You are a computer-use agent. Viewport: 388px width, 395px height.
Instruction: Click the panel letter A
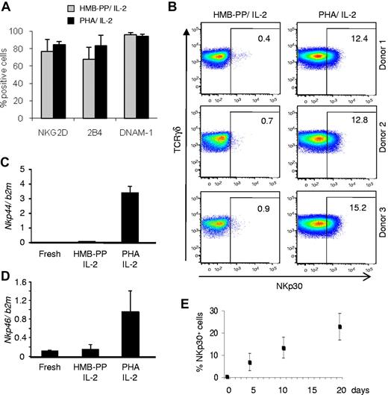6,7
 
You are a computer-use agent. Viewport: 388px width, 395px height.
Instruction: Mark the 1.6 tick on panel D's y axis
24,282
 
